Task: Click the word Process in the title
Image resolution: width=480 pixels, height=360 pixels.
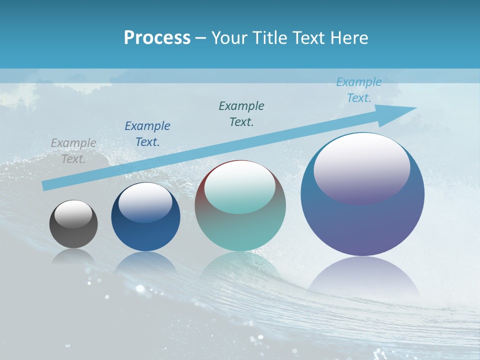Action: (x=157, y=38)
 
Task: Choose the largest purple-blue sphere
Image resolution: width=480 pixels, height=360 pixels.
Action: (x=362, y=225)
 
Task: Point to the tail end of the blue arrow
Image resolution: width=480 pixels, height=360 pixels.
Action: (x=46, y=185)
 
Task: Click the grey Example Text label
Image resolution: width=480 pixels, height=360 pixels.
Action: (x=73, y=151)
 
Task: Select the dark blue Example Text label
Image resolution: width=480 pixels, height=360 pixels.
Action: (x=147, y=133)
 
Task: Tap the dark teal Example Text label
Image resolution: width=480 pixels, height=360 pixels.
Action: (x=241, y=113)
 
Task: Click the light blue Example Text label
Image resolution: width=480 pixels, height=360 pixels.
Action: (x=358, y=90)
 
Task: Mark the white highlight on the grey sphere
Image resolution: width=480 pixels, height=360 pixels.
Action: (x=73, y=214)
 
